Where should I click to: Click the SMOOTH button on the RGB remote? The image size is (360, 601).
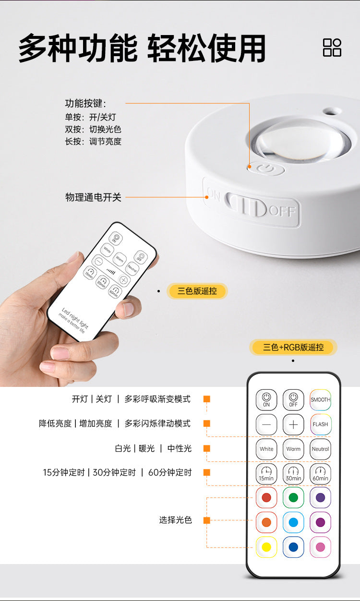[x=320, y=399]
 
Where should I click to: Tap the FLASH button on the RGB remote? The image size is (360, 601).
[x=320, y=424]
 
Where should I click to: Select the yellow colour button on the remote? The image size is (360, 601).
[x=266, y=547]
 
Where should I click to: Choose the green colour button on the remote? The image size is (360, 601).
[x=293, y=497]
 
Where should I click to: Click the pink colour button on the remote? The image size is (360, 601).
[x=320, y=547]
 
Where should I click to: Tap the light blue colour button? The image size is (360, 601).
[x=293, y=522]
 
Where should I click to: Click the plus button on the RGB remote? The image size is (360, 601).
[x=293, y=424]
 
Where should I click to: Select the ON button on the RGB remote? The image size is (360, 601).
[x=266, y=399]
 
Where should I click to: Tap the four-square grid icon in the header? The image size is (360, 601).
[x=332, y=48]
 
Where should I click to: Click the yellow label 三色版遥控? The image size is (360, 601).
[x=197, y=291]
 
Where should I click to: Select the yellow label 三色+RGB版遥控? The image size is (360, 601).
[x=293, y=347]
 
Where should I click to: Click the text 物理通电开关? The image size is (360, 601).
[x=93, y=197]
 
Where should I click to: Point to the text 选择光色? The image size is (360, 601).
[x=175, y=520]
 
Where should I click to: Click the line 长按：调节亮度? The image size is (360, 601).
[x=93, y=142]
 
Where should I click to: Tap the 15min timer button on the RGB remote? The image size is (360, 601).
[x=266, y=474]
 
